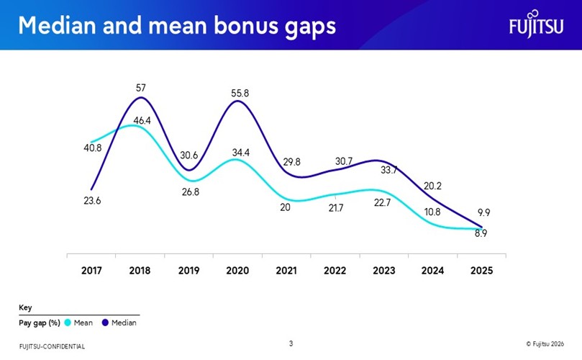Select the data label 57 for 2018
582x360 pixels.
[x=141, y=88]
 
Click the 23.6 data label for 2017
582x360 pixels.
[x=92, y=201]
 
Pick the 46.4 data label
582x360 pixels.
[x=142, y=121]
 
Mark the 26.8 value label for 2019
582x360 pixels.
[x=189, y=192]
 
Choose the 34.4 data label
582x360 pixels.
[x=241, y=153]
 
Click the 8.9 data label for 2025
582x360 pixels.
[x=481, y=233]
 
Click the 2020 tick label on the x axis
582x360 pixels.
[x=237, y=271]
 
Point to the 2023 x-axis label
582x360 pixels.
[x=384, y=271]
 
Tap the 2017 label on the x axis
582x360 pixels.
[x=91, y=271]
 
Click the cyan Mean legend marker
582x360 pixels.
[x=68, y=323]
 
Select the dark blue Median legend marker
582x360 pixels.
[x=106, y=323]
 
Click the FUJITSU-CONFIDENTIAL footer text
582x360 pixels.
[x=52, y=347]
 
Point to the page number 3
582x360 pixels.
[x=291, y=343]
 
